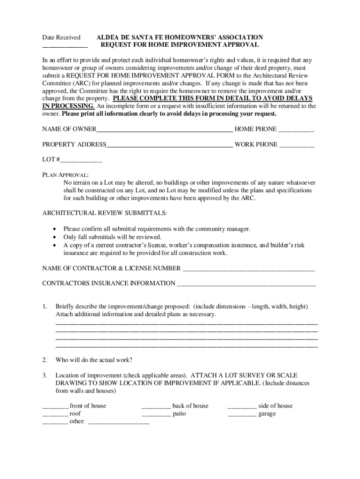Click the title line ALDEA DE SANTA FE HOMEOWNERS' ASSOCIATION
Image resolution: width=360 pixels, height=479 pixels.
pyautogui.click(x=180, y=37)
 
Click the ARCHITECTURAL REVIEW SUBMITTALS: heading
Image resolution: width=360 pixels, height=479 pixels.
pyautogui.click(x=104, y=213)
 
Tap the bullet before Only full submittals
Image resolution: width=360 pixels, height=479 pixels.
pyautogui.click(x=56, y=237)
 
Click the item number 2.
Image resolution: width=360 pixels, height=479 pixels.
pyautogui.click(x=44, y=360)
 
